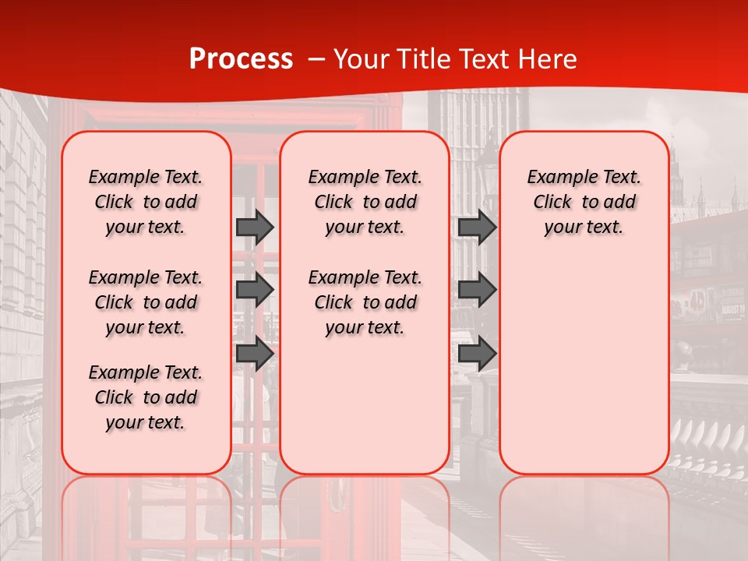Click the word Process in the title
(241, 59)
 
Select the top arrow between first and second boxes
(255, 227)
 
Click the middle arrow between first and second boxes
(255, 290)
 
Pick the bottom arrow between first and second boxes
(255, 353)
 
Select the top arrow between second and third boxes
(477, 227)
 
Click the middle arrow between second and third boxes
(477, 290)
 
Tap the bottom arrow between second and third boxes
(477, 353)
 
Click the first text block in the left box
(146, 202)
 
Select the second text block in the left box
(146, 302)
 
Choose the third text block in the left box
(146, 397)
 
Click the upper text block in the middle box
(365, 202)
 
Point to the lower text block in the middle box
(365, 302)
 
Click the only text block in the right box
(584, 202)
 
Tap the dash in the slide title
(316, 60)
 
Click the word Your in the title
(362, 59)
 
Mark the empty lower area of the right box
(584, 366)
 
